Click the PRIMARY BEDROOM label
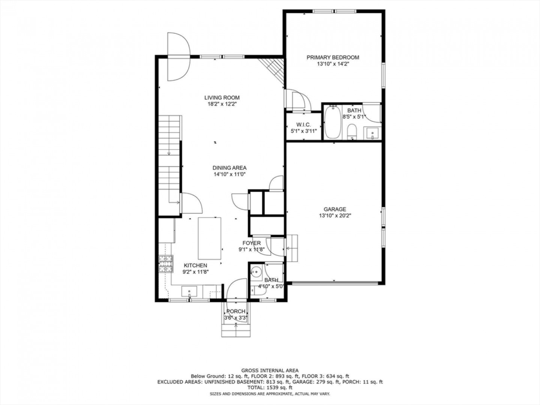pos(333,57)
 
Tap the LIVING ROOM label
pos(222,97)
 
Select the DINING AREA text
pos(229,168)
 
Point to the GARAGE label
pos(335,209)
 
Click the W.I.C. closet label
pos(304,125)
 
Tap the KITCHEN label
pos(196,265)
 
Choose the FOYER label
pos(251,243)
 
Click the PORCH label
pos(236,311)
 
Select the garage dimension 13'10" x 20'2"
pos(335,216)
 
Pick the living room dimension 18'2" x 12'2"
pos(222,104)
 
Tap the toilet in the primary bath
pos(352,132)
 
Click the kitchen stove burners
pos(166,264)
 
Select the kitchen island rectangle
pos(210,238)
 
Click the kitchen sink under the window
pos(189,292)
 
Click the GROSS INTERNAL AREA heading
pos(270,370)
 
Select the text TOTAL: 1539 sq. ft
pos(270,388)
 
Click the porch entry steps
pos(236,330)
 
